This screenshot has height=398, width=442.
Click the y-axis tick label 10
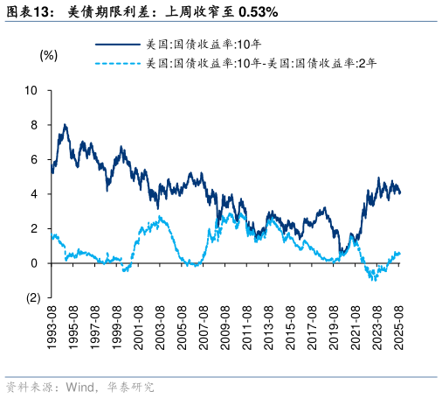click(31, 90)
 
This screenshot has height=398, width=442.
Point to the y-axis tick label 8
click(34, 125)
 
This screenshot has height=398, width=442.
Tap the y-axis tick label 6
click(34, 159)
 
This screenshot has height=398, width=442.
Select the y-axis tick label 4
click(34, 194)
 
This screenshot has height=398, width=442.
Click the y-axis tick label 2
click(34, 228)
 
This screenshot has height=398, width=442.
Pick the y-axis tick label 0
click(34, 263)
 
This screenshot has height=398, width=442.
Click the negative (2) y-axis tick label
click(31, 297)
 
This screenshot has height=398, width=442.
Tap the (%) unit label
click(49, 55)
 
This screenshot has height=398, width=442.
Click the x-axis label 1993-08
click(53, 328)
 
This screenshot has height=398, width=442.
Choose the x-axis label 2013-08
click(269, 328)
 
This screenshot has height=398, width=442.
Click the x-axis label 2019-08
click(334, 328)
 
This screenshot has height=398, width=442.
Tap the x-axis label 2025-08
click(398, 328)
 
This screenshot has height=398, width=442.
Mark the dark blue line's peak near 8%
click(64, 125)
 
